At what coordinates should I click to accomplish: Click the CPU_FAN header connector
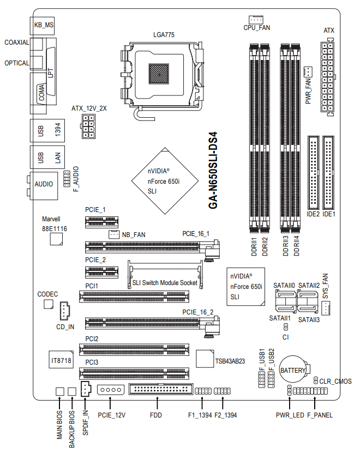click(x=256, y=20)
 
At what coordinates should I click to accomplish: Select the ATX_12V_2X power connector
click(x=88, y=126)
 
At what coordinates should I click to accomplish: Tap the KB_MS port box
click(x=43, y=25)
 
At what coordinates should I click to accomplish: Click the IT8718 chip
click(x=61, y=360)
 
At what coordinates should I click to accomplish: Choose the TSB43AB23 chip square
click(x=205, y=359)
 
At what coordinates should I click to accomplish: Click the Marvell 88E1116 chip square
click(x=56, y=239)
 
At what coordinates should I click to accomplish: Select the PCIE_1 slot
click(x=102, y=222)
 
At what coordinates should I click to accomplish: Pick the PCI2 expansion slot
click(x=134, y=349)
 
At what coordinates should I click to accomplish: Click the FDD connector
click(x=161, y=390)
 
